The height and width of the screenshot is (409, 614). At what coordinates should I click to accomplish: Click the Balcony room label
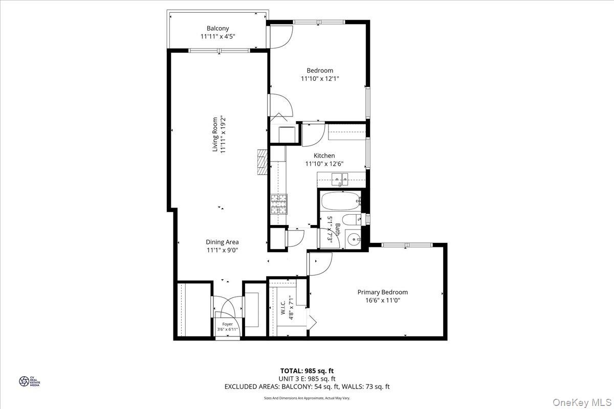coord(217,28)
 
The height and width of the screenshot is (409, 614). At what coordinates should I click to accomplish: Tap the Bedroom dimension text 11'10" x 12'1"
coord(320,79)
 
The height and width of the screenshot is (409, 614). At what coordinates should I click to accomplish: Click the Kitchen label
coord(324,155)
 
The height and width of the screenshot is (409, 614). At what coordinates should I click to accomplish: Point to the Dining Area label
coord(222,242)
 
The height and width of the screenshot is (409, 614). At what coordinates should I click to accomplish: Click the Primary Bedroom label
coord(382,292)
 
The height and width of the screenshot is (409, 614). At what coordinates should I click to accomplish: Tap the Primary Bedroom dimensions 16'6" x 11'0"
coord(382,301)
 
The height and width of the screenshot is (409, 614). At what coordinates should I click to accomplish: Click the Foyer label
coord(227,324)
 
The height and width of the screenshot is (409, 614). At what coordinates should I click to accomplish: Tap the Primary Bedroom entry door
coord(319,263)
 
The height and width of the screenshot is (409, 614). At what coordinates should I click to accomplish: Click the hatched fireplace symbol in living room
coord(262,163)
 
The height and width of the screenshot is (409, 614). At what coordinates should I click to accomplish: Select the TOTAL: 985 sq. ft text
coord(307,371)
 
